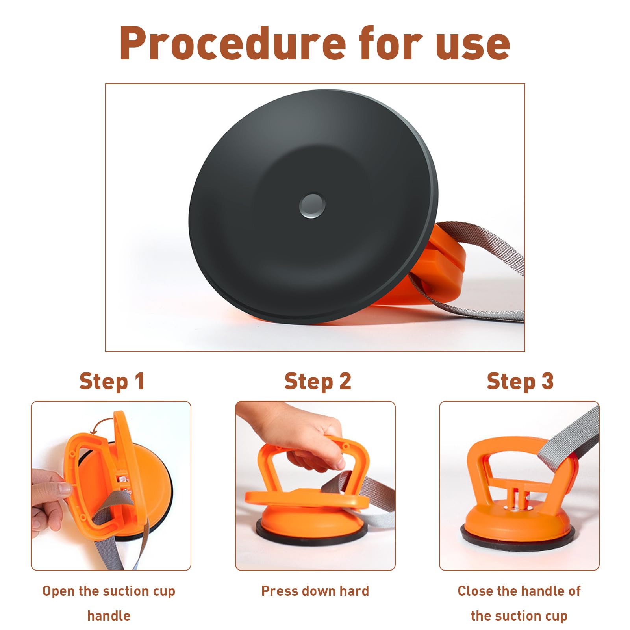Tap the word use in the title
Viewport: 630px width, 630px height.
[472, 46]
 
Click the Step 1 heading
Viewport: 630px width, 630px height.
[112, 382]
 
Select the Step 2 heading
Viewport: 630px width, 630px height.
[318, 382]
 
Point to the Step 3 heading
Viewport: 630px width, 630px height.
[520, 382]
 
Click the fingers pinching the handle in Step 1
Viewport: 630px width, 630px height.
[49, 500]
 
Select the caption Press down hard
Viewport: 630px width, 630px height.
[315, 591]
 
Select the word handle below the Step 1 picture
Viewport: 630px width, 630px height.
[109, 615]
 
